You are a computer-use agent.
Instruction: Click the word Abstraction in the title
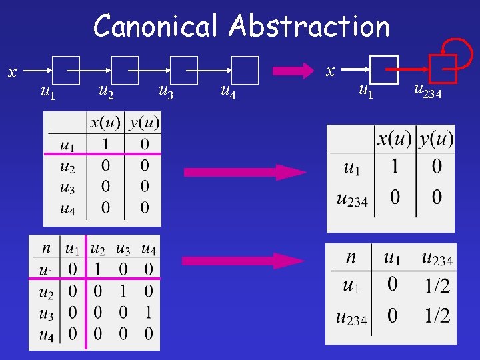309,27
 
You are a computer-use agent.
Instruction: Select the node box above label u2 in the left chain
125,69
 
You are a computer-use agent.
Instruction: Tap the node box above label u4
245,69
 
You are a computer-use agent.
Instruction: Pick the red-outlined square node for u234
443,69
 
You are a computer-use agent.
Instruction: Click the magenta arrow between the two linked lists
293,70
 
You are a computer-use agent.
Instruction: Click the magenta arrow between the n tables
243,261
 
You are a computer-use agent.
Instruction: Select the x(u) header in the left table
105,123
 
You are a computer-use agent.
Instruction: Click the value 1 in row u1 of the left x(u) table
105,144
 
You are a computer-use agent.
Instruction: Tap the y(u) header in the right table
436,139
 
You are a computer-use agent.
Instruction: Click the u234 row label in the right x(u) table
352,198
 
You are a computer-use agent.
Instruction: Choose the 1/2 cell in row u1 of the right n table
437,286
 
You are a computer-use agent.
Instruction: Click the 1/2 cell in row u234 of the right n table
437,315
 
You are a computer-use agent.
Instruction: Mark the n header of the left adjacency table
46,249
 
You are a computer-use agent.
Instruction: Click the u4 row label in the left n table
46,334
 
